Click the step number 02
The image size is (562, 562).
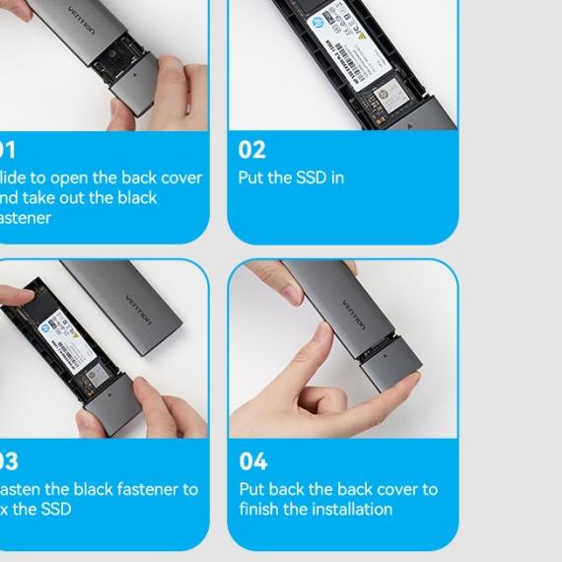252,150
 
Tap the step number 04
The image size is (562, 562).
253,461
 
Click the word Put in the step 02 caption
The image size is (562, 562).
252,178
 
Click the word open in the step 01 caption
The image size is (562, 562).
75,178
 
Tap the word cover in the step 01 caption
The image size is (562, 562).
180,178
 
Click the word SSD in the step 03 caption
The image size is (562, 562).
54,510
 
